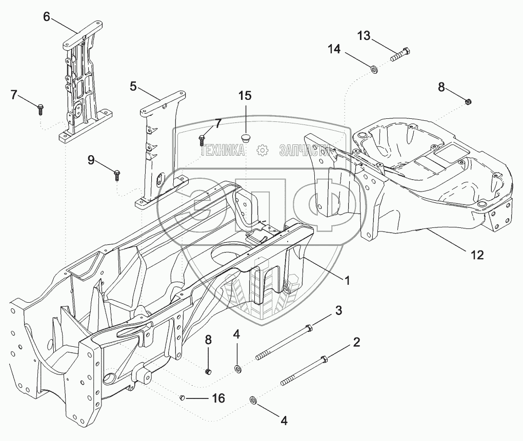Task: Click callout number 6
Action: click(x=47, y=17)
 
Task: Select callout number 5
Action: click(x=133, y=87)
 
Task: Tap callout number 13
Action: click(x=364, y=35)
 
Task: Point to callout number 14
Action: click(x=334, y=49)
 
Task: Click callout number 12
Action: click(x=477, y=255)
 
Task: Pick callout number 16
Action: click(x=219, y=398)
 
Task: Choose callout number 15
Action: click(x=245, y=96)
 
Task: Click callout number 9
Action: click(x=91, y=160)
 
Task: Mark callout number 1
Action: click(x=347, y=281)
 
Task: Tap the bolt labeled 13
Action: click(x=400, y=55)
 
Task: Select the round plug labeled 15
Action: click(x=246, y=137)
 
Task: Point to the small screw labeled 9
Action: click(x=117, y=175)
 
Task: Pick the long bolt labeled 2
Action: click(x=304, y=370)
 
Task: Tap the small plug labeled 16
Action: click(x=182, y=397)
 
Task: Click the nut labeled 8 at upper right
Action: click(x=468, y=100)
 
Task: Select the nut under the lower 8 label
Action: click(x=209, y=371)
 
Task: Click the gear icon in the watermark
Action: click(x=263, y=151)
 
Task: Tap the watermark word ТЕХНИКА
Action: click(x=224, y=151)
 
